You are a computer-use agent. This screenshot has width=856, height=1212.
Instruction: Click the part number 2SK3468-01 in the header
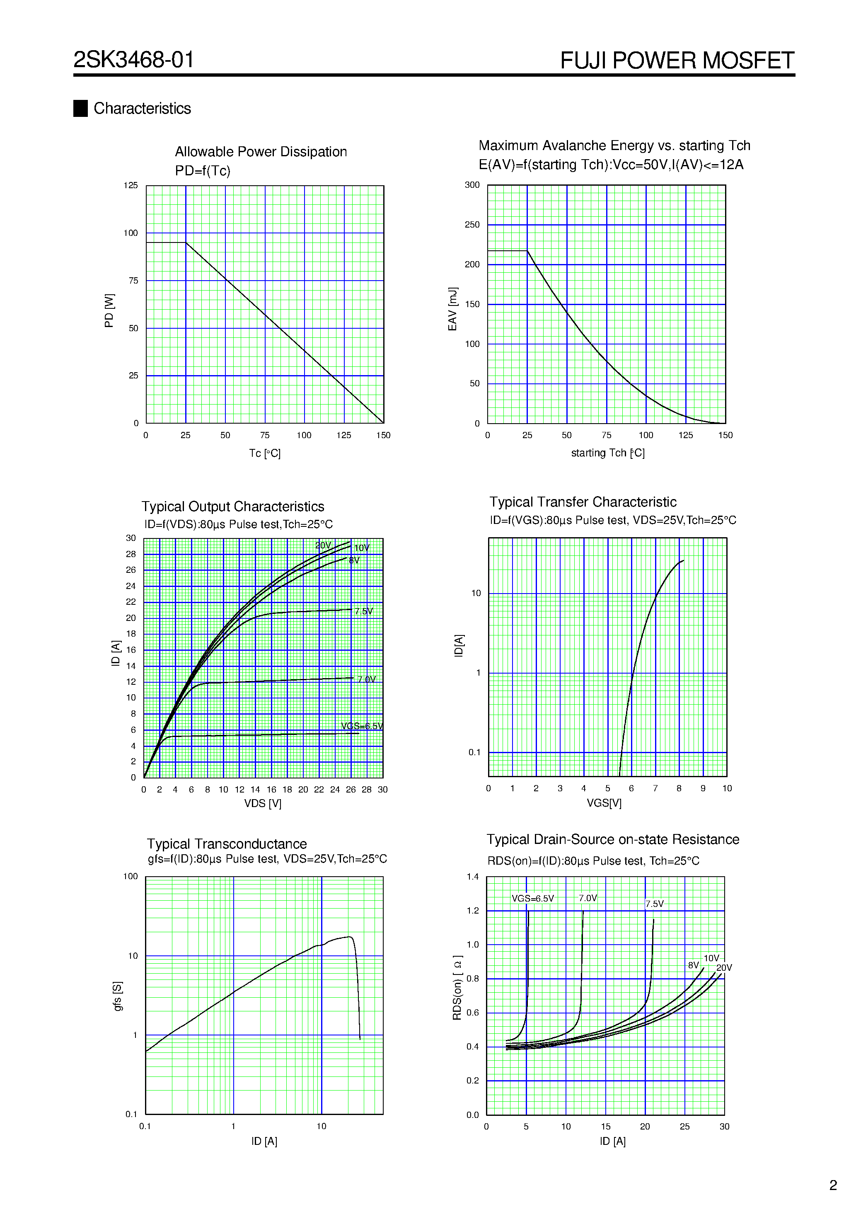coord(133,60)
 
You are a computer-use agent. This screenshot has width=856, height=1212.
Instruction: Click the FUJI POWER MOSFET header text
coord(677,60)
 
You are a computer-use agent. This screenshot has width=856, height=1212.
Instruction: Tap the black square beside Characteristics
coord(80,108)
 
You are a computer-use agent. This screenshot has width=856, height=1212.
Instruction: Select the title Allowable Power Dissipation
coord(261,152)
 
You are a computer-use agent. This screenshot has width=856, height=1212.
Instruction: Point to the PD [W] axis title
coord(109,310)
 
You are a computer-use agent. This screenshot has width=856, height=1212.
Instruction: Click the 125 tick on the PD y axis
coord(131,185)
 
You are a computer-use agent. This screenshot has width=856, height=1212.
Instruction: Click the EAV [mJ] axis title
coord(452,309)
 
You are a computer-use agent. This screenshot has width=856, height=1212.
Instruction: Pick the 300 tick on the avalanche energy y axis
coord(472,185)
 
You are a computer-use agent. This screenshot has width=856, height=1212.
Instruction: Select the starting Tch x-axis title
coord(607,453)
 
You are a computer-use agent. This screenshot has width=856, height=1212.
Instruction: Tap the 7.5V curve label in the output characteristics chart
coord(364,611)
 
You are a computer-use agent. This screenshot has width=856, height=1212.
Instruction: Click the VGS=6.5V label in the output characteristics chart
coord(362,726)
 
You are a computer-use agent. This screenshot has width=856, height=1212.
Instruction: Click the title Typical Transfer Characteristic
coord(583,502)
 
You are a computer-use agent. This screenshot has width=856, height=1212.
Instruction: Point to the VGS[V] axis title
coord(604,803)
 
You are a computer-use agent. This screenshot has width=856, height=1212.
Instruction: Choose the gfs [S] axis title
coord(117,996)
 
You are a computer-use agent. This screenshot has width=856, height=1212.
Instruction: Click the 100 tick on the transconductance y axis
coord(131,876)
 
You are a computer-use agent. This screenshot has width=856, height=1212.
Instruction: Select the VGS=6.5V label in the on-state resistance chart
coord(532,899)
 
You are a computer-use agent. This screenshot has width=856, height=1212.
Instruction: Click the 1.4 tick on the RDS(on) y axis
coord(472,877)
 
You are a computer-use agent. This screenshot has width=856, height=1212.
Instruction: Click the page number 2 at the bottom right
coord(833,1185)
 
